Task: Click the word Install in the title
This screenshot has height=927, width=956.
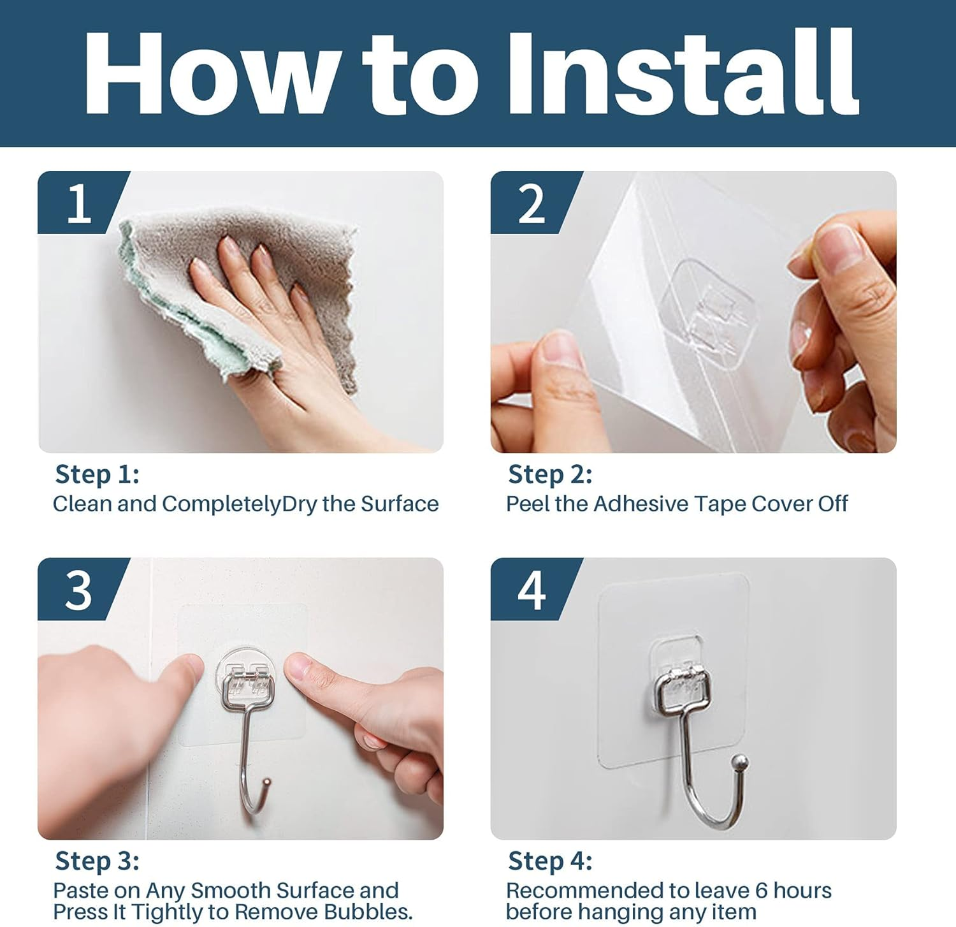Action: coord(682,73)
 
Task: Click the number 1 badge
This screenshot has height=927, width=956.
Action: coord(79,204)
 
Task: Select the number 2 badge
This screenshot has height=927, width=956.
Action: coord(532,204)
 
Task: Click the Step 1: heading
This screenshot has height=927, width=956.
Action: coord(97,474)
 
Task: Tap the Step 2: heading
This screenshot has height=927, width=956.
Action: coord(550,474)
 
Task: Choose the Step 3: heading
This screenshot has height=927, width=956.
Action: coord(97,861)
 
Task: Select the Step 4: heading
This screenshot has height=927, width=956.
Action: coord(550,861)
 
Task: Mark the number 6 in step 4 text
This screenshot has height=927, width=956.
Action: coord(760,890)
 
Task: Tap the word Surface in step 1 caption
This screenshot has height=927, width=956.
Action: coord(400,504)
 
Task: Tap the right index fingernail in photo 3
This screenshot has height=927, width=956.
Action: coord(298,667)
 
